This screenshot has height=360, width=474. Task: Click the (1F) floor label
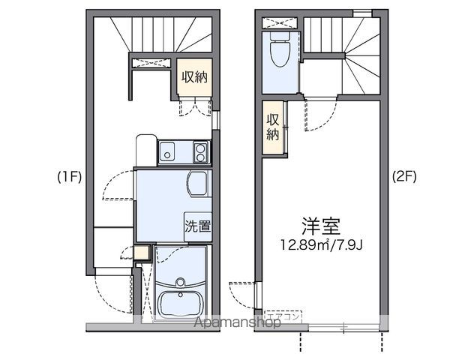click(x=69, y=178)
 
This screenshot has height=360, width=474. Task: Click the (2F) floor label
click(x=404, y=178)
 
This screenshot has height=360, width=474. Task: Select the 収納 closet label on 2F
click(x=273, y=128)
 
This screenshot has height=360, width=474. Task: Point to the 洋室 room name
click(x=322, y=224)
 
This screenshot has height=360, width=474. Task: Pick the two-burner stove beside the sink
click(x=200, y=153)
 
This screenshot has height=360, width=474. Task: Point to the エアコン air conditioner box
click(x=283, y=317)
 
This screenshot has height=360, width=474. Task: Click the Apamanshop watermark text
click(x=238, y=322)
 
